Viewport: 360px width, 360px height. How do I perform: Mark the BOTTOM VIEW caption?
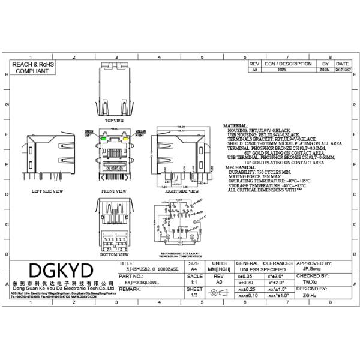114,254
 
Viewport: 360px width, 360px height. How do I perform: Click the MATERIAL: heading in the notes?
235,126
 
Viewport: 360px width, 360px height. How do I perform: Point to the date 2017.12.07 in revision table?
341,70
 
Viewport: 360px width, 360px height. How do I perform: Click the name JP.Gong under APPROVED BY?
310,269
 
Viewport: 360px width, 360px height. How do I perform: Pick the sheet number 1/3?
194,295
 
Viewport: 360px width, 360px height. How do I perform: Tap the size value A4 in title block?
194,270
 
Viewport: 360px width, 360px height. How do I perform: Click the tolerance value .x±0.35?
246,275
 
